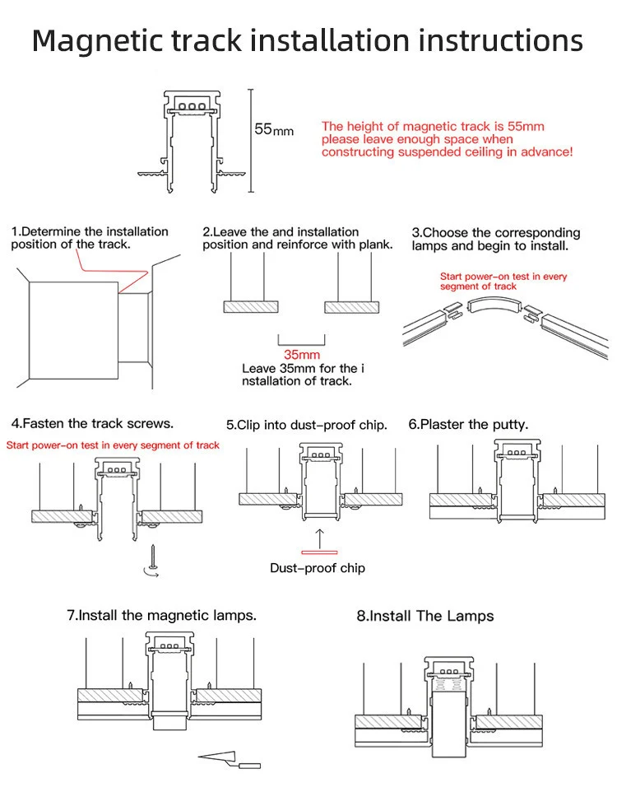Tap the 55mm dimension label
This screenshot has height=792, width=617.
[x=273, y=130]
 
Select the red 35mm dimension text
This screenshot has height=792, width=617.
[x=301, y=356]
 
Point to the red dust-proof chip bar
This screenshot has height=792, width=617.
[x=319, y=552]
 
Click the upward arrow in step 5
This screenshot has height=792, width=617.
[x=319, y=536]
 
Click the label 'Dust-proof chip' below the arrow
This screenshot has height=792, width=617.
[x=318, y=568]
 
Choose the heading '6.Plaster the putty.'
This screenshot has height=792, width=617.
[x=468, y=425]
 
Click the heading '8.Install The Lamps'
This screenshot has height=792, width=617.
[x=424, y=616]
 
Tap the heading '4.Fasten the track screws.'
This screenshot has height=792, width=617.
[x=92, y=423]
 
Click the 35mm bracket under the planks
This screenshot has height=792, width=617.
[x=301, y=340]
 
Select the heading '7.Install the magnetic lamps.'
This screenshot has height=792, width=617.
[x=161, y=615]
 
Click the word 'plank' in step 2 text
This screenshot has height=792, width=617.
[x=373, y=245]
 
